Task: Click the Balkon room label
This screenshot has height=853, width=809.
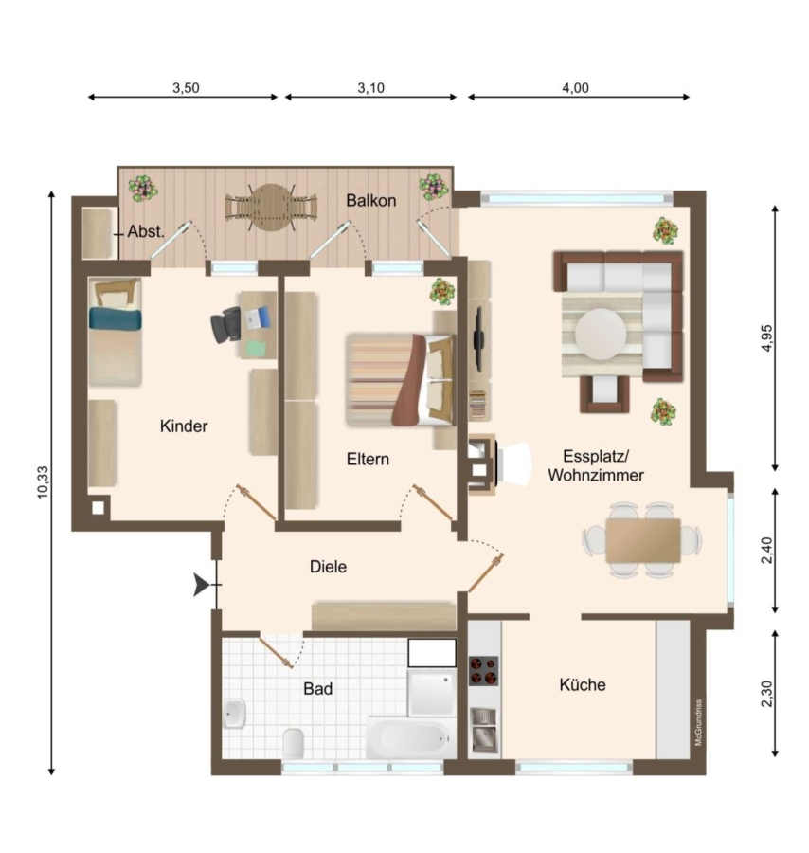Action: (370, 200)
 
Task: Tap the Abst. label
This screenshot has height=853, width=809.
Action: (145, 232)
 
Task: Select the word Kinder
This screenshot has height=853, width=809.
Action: (184, 426)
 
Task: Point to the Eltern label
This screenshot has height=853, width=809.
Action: (368, 459)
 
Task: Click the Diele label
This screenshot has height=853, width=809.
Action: (328, 567)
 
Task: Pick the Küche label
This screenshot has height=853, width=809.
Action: (583, 684)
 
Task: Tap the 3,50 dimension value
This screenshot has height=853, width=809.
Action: (186, 87)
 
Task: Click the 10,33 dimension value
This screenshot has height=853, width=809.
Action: (43, 482)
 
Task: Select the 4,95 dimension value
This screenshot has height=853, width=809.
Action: (766, 337)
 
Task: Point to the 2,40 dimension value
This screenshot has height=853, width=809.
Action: (766, 550)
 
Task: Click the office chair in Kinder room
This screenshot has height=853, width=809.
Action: (225, 325)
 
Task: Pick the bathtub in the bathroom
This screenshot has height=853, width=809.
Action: (411, 737)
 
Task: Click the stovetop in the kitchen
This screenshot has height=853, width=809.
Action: (483, 671)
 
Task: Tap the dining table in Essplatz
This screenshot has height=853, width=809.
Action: (642, 540)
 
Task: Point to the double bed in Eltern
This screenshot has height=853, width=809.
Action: (400, 379)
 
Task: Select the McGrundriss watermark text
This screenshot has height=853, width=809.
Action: (699, 722)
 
